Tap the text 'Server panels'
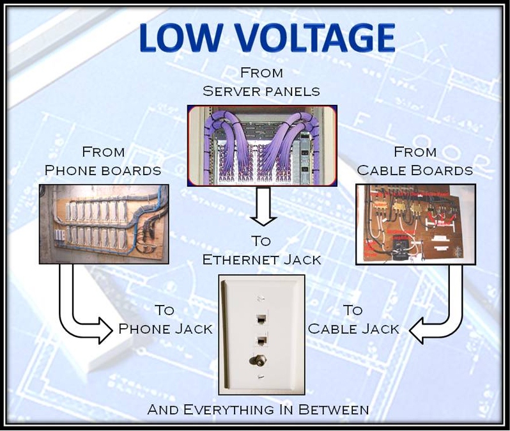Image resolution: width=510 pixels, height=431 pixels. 261,91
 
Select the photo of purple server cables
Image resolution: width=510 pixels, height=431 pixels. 261,146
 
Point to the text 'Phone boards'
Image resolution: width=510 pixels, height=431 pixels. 103,171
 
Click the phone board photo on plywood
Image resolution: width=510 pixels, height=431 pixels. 104,224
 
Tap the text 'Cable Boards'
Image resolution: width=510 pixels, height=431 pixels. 415,171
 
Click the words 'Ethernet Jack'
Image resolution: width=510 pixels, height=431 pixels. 261,260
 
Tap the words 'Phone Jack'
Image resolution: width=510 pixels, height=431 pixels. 166,329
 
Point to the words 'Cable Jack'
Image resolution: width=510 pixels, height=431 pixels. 353,329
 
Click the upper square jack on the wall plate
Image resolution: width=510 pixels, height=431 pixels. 261,318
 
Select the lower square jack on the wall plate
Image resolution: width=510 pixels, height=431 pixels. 261,339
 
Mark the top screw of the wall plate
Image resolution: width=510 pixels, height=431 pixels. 261,298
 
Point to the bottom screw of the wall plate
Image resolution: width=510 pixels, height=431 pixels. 261,378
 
